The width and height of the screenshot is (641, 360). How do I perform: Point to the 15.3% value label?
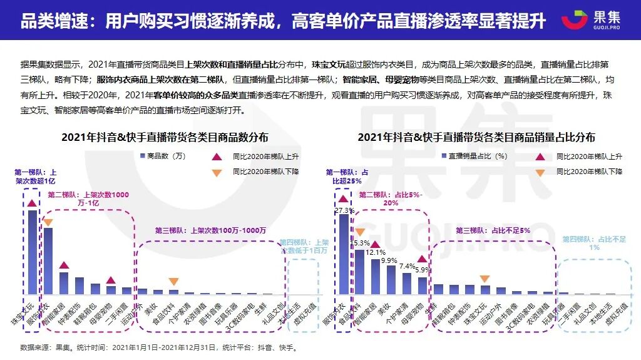[361, 242]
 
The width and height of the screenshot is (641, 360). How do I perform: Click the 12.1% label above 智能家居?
[376, 252]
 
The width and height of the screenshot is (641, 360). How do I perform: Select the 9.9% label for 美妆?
[389, 260]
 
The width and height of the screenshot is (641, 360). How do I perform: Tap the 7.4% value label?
[407, 266]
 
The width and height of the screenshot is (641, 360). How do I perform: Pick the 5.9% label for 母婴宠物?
[423, 270]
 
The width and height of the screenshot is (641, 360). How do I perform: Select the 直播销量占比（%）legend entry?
[475, 156]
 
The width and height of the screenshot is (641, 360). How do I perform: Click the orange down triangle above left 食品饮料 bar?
[173, 282]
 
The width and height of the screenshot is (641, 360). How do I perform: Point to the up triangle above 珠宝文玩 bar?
[32, 202]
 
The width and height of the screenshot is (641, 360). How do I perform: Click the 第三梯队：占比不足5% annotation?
[493, 230]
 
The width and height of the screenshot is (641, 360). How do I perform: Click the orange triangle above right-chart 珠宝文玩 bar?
[484, 279]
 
